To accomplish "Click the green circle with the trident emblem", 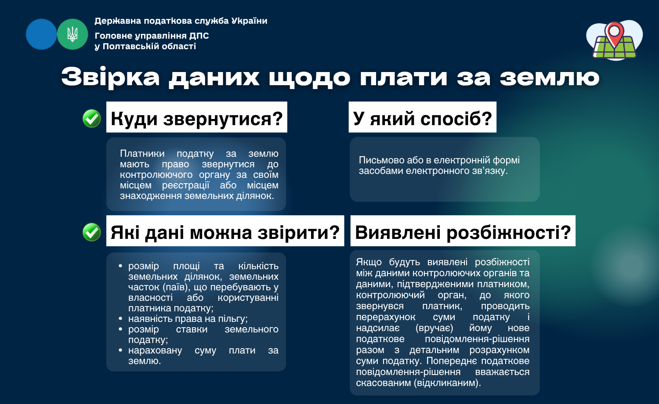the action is [x=72, y=34].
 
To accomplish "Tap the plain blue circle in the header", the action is [x=41, y=34].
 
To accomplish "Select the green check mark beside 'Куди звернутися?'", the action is [x=92, y=119].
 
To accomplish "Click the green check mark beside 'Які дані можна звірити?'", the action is [x=92, y=232].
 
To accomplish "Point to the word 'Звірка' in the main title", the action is [x=111, y=77].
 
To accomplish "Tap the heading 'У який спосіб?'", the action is [x=423, y=119].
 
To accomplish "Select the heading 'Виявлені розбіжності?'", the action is [x=463, y=232].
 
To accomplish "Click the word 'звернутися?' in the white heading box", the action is [x=223, y=119].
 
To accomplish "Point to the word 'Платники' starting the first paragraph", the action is [x=142, y=154].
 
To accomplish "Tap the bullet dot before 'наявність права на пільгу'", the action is [x=120, y=318].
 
